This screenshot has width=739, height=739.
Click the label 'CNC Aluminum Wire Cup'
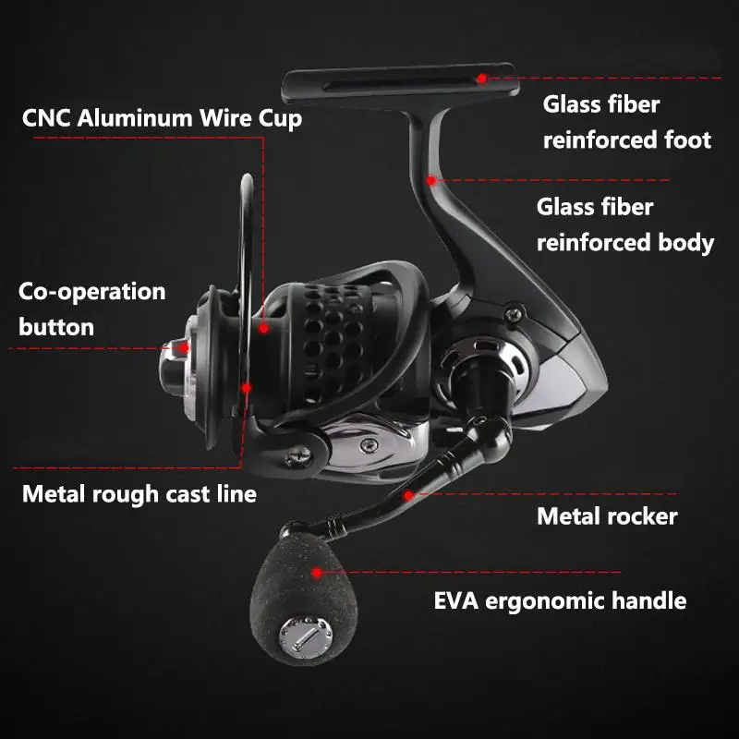tap(162, 118)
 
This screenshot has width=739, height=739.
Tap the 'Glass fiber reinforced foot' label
tap(627, 122)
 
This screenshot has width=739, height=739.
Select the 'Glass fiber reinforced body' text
tap(625, 224)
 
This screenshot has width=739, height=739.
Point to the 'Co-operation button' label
tap(91, 309)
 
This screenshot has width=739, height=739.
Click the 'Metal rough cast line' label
tap(139, 494)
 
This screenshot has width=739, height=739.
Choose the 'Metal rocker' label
tap(607, 515)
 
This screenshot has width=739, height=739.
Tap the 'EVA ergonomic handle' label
tap(560, 601)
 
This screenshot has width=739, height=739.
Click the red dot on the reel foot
tap(482, 79)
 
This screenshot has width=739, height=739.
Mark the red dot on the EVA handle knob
tap(317, 573)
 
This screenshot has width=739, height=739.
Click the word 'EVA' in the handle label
tap(457, 601)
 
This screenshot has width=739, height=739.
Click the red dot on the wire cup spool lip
tap(264, 327)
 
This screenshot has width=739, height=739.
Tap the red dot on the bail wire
tap(247, 388)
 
